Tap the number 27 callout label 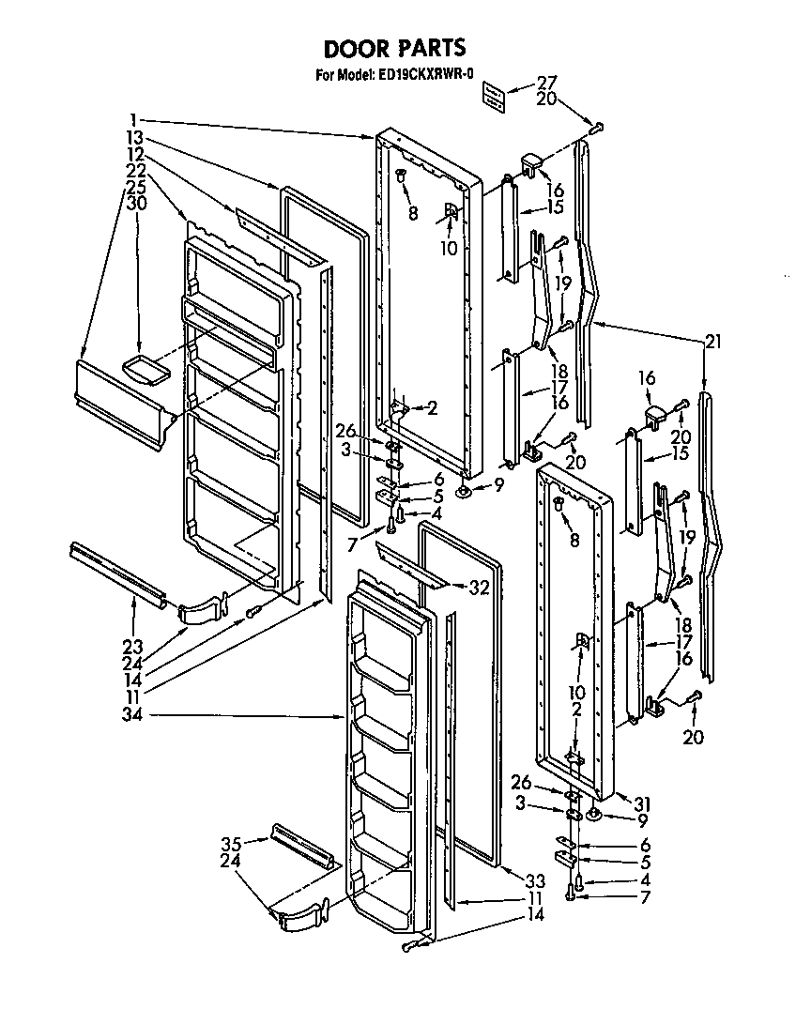(x=547, y=82)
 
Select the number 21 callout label (x=713, y=343)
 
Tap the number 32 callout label (x=480, y=589)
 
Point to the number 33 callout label (x=534, y=880)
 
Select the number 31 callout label (x=616, y=803)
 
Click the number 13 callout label (x=135, y=138)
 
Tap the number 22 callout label (x=135, y=170)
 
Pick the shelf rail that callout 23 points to (x=117, y=572)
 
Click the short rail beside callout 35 (x=301, y=845)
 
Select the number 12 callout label (x=135, y=154)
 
